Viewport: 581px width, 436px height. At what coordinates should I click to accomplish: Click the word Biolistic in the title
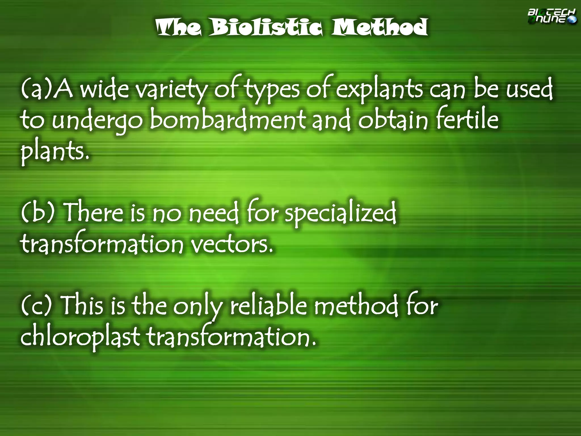266,27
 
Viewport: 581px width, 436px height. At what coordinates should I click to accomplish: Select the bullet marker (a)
37,90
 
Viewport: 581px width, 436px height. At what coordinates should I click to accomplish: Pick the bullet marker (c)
37,305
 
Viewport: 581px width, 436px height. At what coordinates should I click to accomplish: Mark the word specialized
340,213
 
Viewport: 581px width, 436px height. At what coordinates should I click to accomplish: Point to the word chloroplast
80,337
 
